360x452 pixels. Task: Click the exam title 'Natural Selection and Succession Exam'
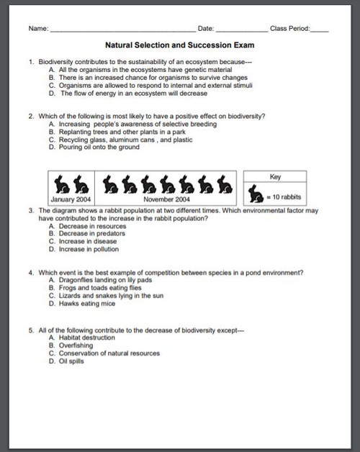(x=180, y=45)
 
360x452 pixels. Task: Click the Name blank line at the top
(x=122, y=30)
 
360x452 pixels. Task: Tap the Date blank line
(x=241, y=30)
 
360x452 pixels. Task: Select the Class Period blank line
(x=320, y=30)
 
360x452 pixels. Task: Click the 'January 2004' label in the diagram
(x=70, y=199)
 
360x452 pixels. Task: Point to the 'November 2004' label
(x=166, y=199)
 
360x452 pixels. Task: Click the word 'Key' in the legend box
(x=275, y=176)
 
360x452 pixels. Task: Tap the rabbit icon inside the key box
(x=256, y=193)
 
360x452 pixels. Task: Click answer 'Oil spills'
(x=73, y=361)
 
